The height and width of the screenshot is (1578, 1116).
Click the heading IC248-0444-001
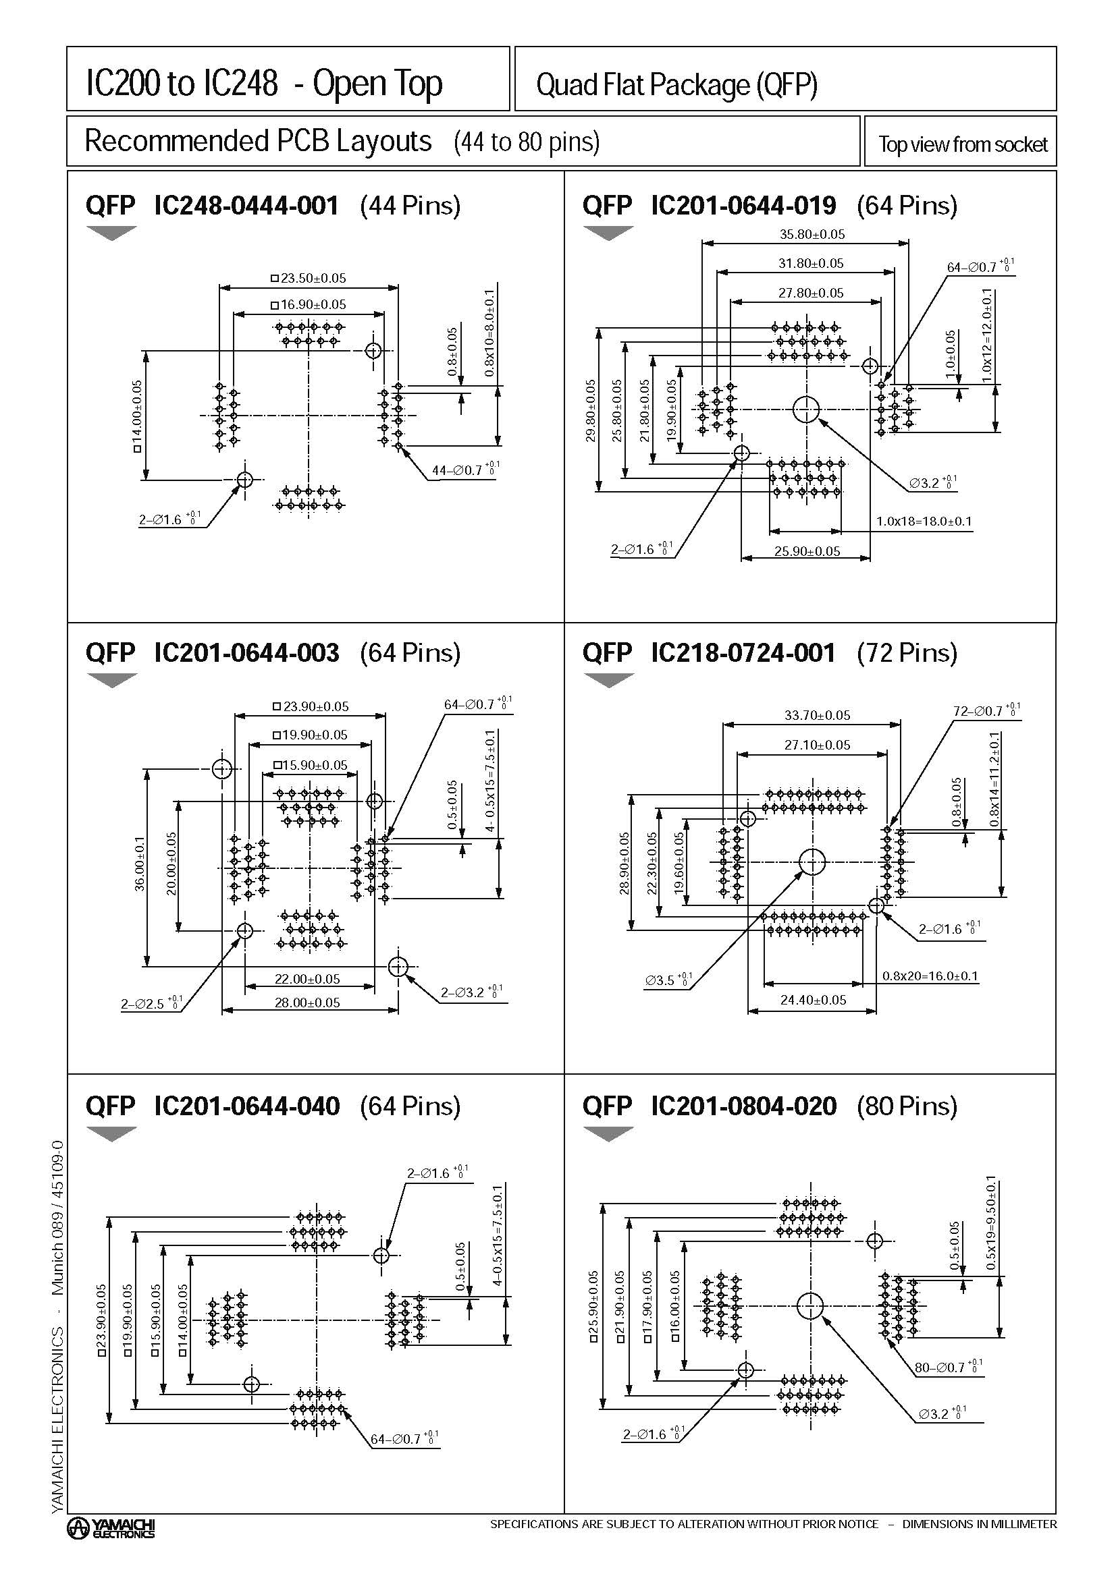coord(246,206)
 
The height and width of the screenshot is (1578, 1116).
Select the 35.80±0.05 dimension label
coord(812,234)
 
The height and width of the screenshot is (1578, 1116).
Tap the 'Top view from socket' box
coord(961,144)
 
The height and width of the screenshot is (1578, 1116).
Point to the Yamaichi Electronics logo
coord(111,1528)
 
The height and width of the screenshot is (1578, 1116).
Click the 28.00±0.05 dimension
coord(307,1003)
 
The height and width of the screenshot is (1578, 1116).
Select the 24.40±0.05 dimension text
coord(813,1000)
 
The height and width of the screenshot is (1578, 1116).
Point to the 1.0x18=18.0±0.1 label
coord(924,521)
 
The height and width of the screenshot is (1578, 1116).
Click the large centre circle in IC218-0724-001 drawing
coord(812,862)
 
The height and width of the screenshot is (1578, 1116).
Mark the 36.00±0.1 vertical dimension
coord(140,864)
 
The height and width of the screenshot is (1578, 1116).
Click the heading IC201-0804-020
coord(743,1106)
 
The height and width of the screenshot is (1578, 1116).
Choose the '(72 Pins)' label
coord(906,652)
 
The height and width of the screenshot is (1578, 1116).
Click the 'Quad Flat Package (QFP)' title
coord(676,85)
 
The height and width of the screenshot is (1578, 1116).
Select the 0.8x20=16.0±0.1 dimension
coord(930,976)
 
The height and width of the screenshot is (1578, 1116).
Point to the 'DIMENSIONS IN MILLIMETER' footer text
coord(978,1524)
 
